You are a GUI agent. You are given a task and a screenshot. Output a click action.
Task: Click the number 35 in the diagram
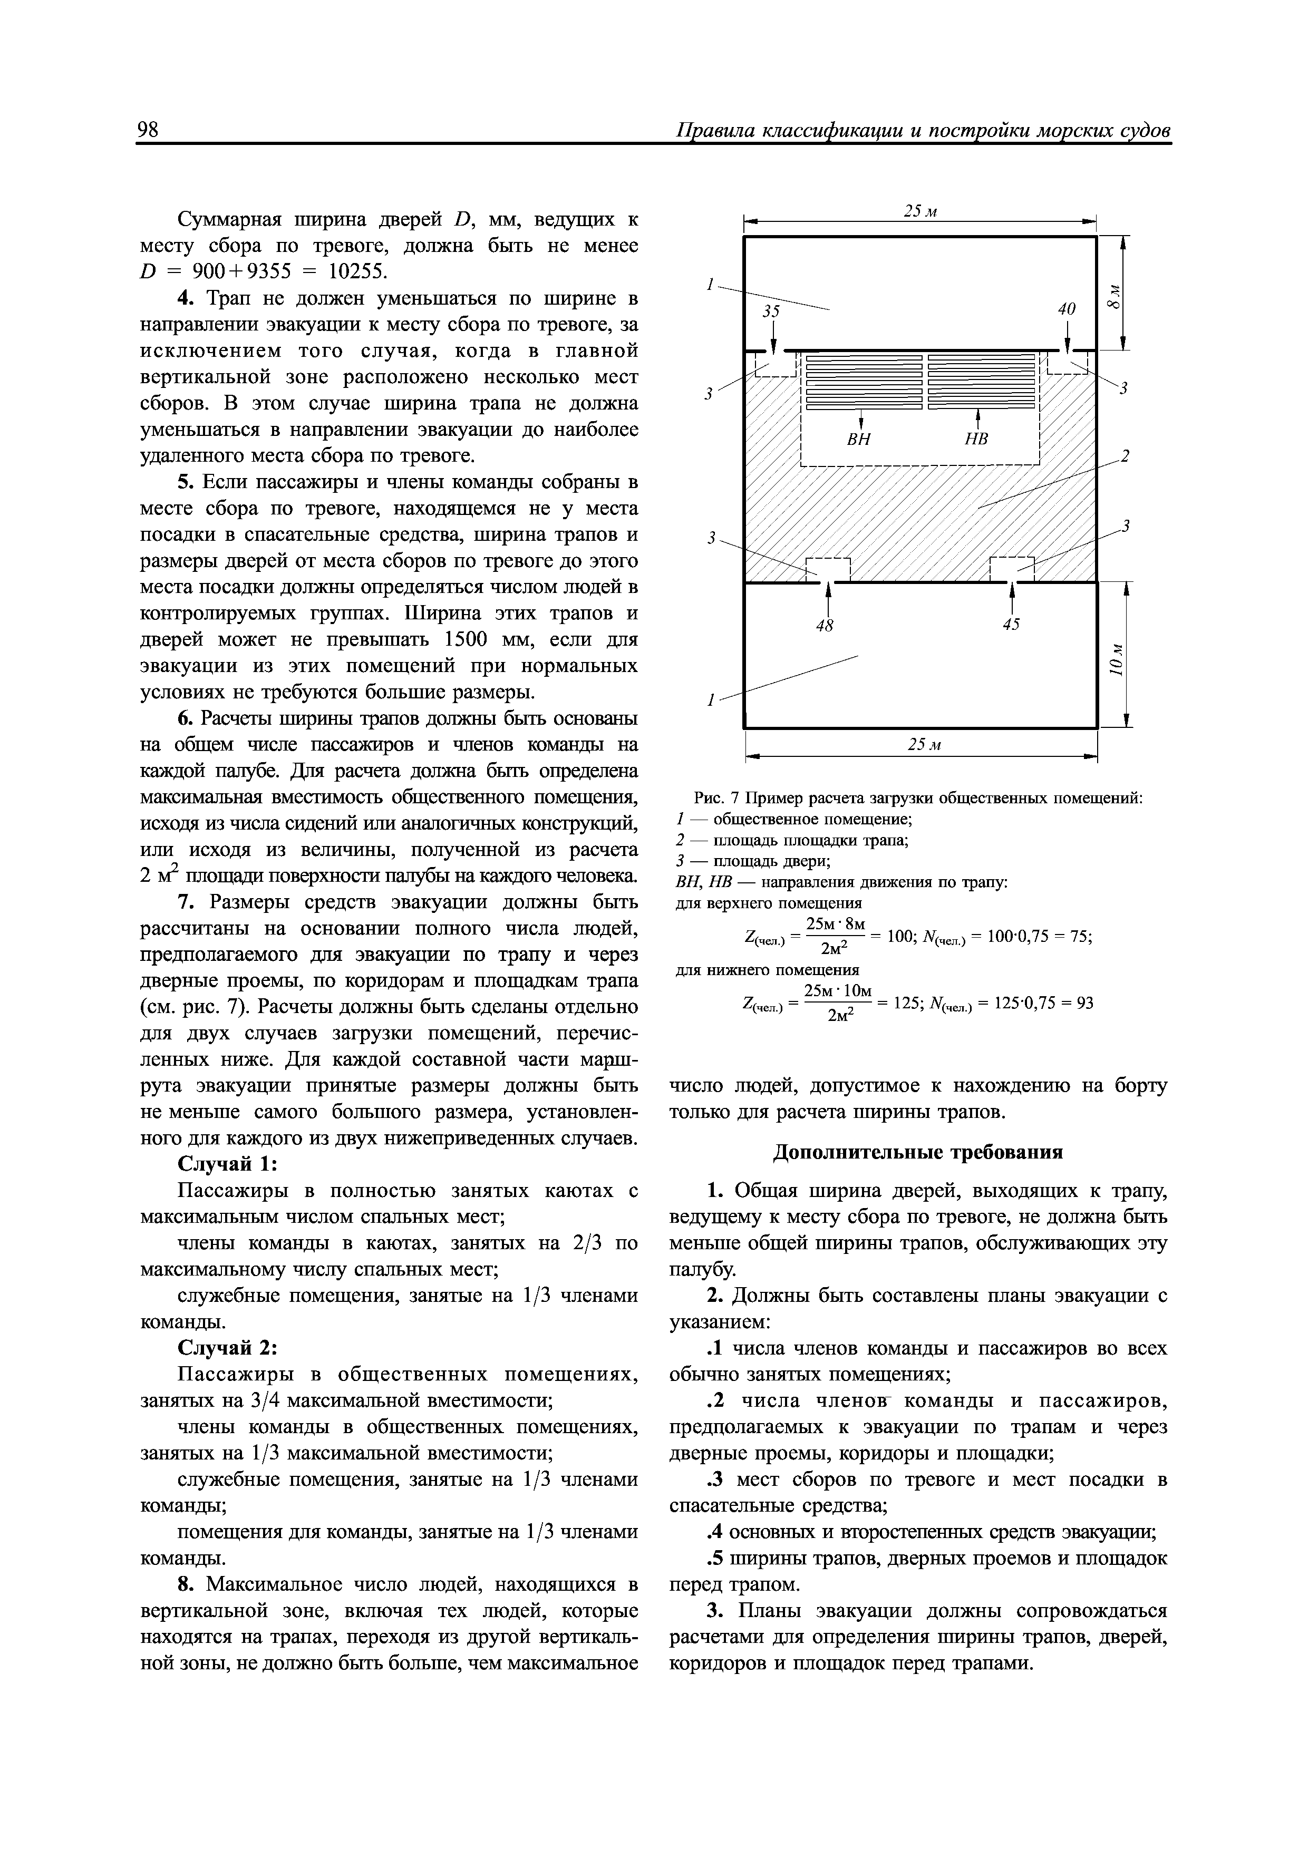(x=772, y=311)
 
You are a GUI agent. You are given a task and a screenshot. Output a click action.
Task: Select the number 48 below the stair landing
(x=824, y=625)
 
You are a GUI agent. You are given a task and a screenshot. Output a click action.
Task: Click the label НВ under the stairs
(x=976, y=440)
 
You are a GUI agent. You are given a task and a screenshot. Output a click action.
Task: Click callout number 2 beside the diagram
(x=1126, y=456)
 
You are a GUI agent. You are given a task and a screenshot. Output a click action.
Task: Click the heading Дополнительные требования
(x=918, y=1152)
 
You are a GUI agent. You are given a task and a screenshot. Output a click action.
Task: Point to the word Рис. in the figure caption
(x=708, y=798)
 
